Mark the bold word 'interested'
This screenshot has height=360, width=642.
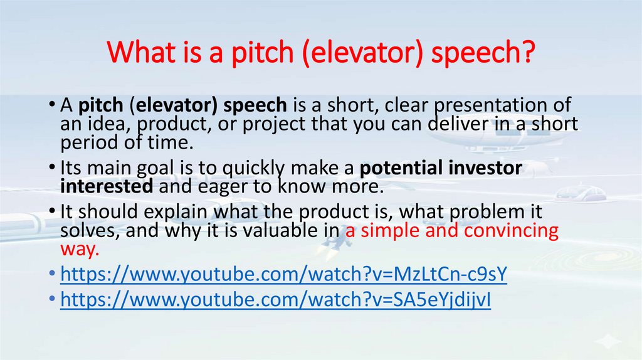point(107,187)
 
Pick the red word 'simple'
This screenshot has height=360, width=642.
point(386,231)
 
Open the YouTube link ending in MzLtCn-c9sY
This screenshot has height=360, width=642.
point(283,275)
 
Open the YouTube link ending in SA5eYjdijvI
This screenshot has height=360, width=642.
point(276,300)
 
